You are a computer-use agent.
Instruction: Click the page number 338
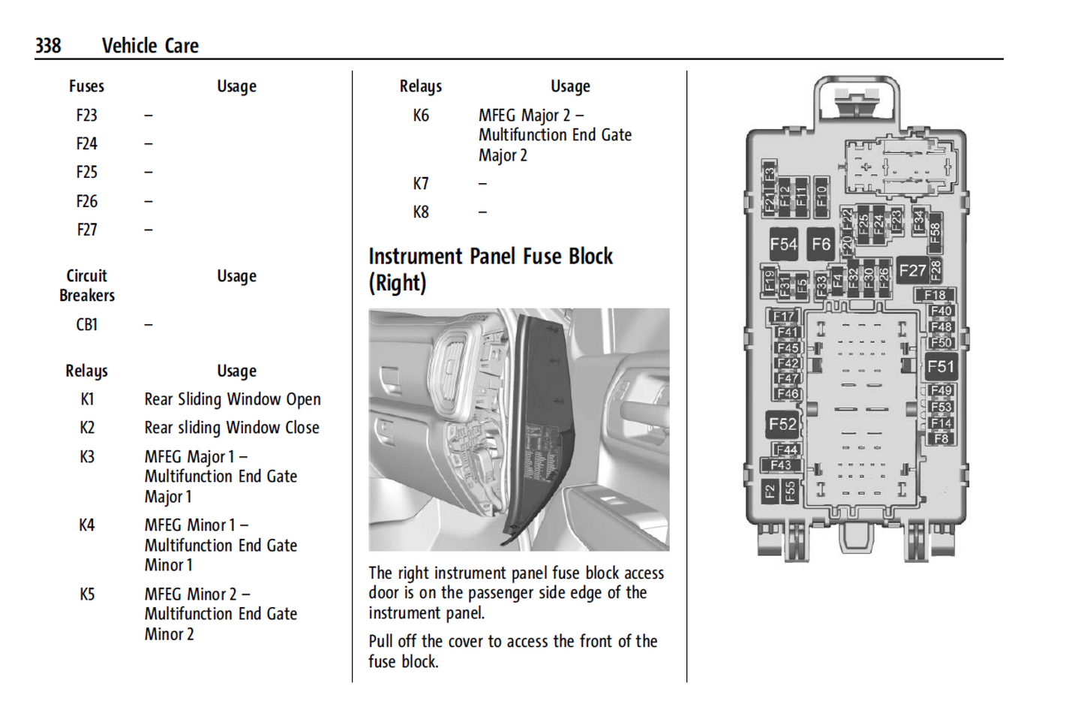[x=48, y=46]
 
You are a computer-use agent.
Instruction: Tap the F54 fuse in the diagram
[x=783, y=244]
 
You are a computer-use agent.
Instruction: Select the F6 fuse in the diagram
[x=821, y=244]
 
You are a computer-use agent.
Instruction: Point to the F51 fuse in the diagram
[x=941, y=367]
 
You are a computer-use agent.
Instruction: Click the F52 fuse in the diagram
[x=782, y=424]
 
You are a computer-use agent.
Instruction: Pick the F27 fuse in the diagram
[x=912, y=270]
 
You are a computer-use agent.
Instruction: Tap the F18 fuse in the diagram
[x=935, y=295]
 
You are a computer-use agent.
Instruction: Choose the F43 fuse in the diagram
[x=781, y=465]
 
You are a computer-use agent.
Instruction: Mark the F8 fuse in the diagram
[x=941, y=438]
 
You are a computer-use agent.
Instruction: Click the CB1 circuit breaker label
[x=87, y=325]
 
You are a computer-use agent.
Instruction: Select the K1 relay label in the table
[x=87, y=399]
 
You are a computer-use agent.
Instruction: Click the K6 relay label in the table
[x=421, y=116]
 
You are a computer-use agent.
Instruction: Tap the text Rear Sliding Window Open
[x=233, y=399]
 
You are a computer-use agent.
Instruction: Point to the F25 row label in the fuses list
[x=87, y=173]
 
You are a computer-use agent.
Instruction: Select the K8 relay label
[x=421, y=212]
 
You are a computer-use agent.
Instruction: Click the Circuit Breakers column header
[x=87, y=286]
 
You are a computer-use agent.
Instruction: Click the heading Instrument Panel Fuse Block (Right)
[x=490, y=269]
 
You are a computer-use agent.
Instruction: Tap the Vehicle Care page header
[x=150, y=46]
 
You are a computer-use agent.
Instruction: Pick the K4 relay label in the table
[x=87, y=525]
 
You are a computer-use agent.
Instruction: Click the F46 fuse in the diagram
[x=788, y=393]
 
